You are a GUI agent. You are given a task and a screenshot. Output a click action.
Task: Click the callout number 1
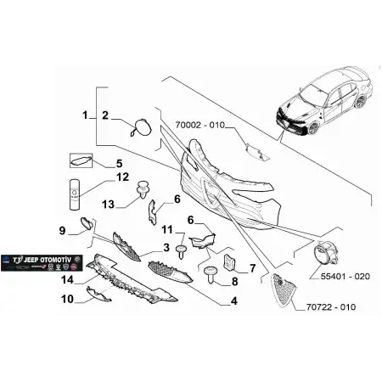pos(85,114)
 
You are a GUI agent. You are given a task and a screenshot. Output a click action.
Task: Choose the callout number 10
pos(66,298)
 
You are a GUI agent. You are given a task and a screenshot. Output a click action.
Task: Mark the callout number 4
pos(233,300)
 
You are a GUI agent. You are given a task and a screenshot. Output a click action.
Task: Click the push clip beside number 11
pos(182,249)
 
